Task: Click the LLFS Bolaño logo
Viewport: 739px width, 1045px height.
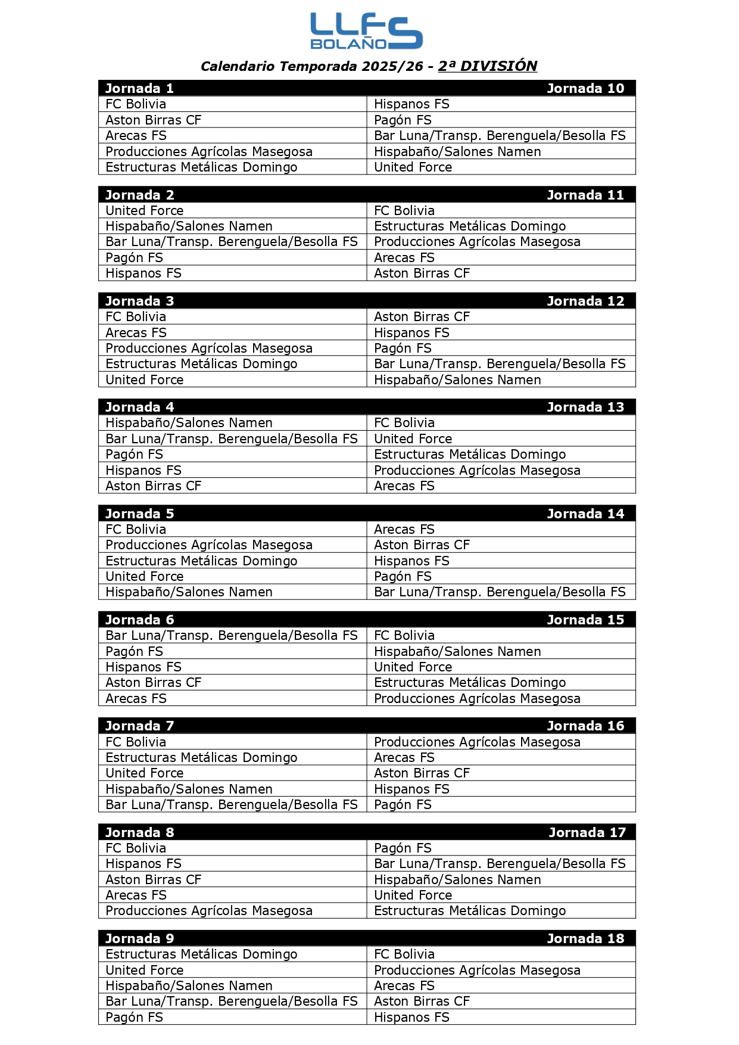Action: [x=366, y=32]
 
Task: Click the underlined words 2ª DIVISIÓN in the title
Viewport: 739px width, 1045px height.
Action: [x=487, y=66]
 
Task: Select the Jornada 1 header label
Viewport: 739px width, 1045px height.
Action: [x=139, y=89]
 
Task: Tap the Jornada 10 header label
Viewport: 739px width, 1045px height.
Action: [x=585, y=89]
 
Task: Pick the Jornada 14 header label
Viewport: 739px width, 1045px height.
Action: [x=585, y=514]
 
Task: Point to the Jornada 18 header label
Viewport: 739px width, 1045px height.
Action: [x=585, y=938]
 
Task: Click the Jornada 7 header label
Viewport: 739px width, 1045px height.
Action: [x=139, y=726]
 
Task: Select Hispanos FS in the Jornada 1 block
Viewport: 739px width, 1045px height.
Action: [x=411, y=104]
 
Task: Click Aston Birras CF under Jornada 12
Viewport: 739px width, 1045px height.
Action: [x=422, y=317]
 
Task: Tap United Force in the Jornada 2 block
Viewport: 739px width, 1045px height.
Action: [x=145, y=211]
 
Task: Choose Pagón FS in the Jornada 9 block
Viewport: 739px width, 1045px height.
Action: [x=134, y=1018]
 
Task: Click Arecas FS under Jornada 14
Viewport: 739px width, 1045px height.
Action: [x=404, y=530]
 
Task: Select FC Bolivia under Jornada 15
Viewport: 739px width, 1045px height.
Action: [x=404, y=636]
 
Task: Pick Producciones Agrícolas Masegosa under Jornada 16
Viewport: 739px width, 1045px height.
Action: [x=477, y=742]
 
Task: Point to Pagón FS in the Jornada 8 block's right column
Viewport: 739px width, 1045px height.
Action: [x=403, y=848]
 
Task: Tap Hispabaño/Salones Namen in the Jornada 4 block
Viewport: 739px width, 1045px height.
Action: [x=189, y=423]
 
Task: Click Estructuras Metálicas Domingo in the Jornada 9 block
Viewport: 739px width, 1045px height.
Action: [x=201, y=954]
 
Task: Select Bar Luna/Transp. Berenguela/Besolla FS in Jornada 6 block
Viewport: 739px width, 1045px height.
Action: [x=232, y=636]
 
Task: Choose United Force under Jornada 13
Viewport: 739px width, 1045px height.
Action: [x=413, y=439]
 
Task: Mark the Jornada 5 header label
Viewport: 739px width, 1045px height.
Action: [x=139, y=514]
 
